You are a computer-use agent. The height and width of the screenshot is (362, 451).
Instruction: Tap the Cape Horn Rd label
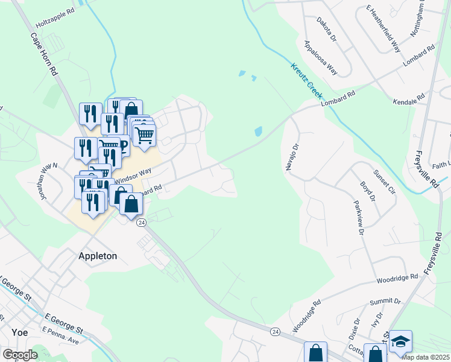click(45, 54)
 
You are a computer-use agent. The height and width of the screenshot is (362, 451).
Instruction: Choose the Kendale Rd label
click(409, 100)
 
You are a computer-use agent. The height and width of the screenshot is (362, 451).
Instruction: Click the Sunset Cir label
click(383, 182)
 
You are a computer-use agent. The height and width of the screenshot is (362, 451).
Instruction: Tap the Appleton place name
click(98, 256)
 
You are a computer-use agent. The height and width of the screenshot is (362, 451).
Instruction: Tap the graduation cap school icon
click(400, 341)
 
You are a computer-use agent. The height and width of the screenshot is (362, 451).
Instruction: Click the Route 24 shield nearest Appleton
click(141, 223)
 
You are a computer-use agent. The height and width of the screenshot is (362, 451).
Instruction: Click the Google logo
click(20, 355)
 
